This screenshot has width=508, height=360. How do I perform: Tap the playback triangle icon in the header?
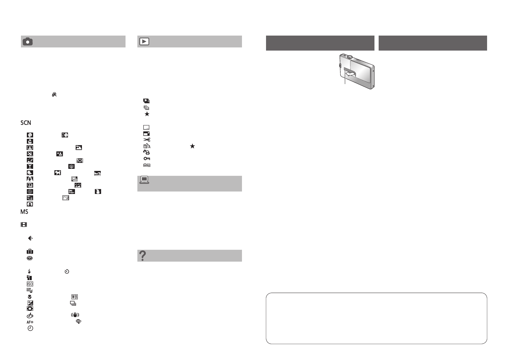(144, 42)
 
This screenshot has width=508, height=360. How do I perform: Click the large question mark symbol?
(142, 256)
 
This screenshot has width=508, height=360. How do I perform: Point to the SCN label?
(26, 123)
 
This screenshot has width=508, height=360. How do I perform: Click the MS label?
(24, 212)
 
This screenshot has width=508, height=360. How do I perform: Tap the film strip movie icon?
(24, 225)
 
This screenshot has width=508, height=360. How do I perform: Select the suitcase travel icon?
(30, 252)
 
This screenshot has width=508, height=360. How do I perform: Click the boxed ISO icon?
(30, 284)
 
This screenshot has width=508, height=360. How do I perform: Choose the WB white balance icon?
(74, 297)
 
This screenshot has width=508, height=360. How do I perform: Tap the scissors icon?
(146, 140)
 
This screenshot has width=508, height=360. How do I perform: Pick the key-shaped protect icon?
(146, 159)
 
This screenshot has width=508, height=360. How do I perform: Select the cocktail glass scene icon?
(30, 166)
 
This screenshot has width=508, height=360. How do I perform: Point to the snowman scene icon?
(98, 192)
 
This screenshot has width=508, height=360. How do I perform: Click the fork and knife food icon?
(79, 160)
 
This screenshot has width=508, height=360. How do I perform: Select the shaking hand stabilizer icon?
(75, 315)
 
